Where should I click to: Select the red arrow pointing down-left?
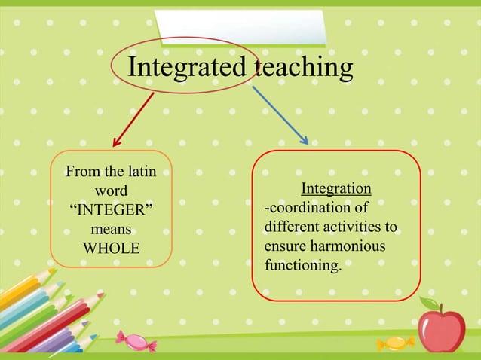[133, 120]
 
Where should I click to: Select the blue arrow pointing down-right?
[280, 114]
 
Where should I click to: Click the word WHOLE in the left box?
[111, 248]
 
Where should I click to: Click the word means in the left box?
[111, 229]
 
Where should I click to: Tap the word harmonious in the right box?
[350, 246]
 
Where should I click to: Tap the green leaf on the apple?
[430, 304]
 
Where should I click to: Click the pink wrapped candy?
[137, 341]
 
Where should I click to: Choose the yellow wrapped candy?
[395, 343]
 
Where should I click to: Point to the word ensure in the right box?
[283, 246]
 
